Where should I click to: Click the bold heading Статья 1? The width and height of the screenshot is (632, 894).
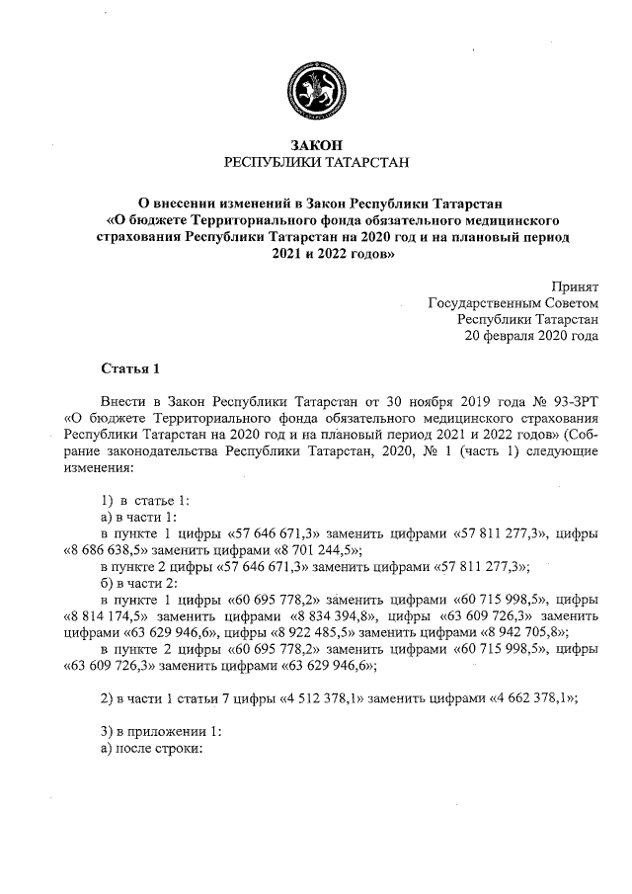point(129,369)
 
